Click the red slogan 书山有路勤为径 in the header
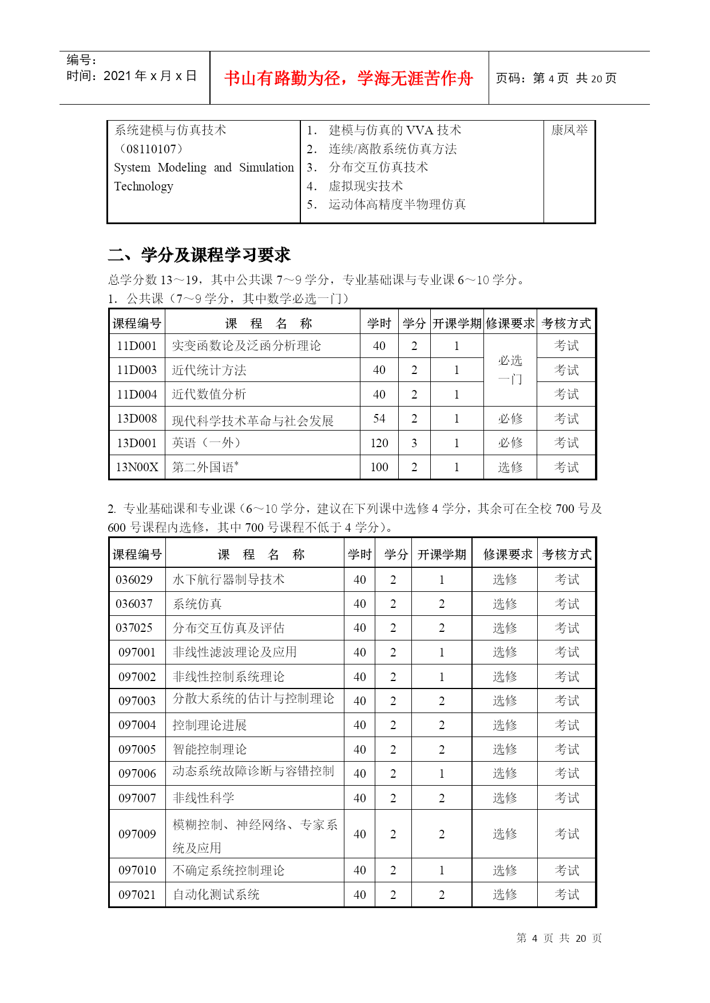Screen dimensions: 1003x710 348,78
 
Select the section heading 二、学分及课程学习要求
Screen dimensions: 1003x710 199,255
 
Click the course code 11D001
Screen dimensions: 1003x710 137,346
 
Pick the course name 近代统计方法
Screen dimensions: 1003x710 209,371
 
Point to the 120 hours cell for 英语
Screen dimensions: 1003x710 379,443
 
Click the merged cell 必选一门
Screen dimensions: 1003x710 510,370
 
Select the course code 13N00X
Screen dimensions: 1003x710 137,467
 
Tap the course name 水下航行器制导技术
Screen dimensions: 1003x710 228,580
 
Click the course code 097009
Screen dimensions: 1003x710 137,834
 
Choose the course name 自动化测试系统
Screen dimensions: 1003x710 216,895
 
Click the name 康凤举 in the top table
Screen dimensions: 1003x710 569,130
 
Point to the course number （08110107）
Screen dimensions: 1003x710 149,149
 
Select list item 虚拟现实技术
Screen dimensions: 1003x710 365,186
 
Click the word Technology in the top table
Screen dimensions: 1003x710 144,186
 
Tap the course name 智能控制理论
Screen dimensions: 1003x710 209,750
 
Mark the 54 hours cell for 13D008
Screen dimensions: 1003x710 379,419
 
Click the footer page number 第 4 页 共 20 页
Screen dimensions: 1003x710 558,938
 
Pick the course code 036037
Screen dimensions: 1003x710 134,604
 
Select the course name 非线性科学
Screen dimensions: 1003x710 203,798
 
